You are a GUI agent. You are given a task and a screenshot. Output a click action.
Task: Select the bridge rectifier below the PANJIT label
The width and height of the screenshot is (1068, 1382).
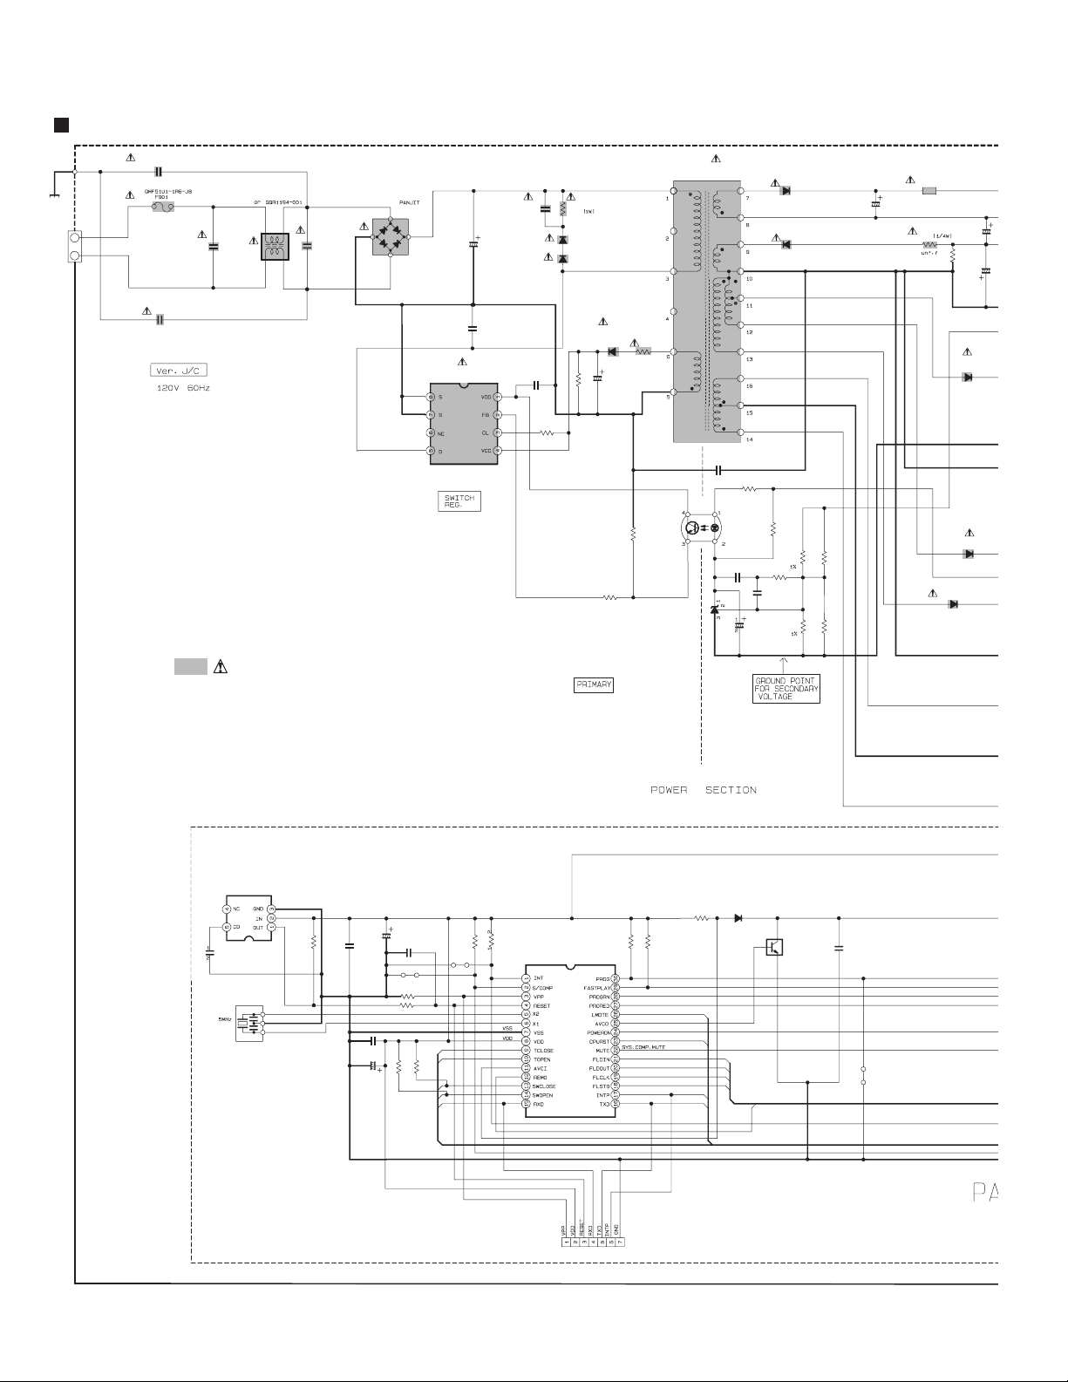391,237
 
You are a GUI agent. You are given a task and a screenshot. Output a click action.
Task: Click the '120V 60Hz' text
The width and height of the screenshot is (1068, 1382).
183,387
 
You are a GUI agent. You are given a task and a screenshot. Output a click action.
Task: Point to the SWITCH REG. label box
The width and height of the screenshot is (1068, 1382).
459,501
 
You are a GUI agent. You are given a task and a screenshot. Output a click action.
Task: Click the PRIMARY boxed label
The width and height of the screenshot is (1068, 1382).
593,684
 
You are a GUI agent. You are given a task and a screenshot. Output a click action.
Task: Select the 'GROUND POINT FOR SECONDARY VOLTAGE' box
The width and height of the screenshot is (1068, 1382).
786,688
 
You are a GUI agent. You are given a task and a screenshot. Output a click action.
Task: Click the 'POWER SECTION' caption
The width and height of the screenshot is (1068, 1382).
704,790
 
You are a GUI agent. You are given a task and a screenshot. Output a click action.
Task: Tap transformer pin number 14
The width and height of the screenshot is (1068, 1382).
750,439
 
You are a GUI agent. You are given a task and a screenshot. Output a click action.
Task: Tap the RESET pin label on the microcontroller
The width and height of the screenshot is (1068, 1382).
541,1005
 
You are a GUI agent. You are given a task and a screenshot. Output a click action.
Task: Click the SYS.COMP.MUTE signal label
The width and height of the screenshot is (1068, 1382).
643,1046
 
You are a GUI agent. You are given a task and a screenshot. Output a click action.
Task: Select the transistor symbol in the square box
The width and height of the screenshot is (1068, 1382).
774,946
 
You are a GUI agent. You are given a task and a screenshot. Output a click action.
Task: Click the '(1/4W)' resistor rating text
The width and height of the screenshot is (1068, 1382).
942,235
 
